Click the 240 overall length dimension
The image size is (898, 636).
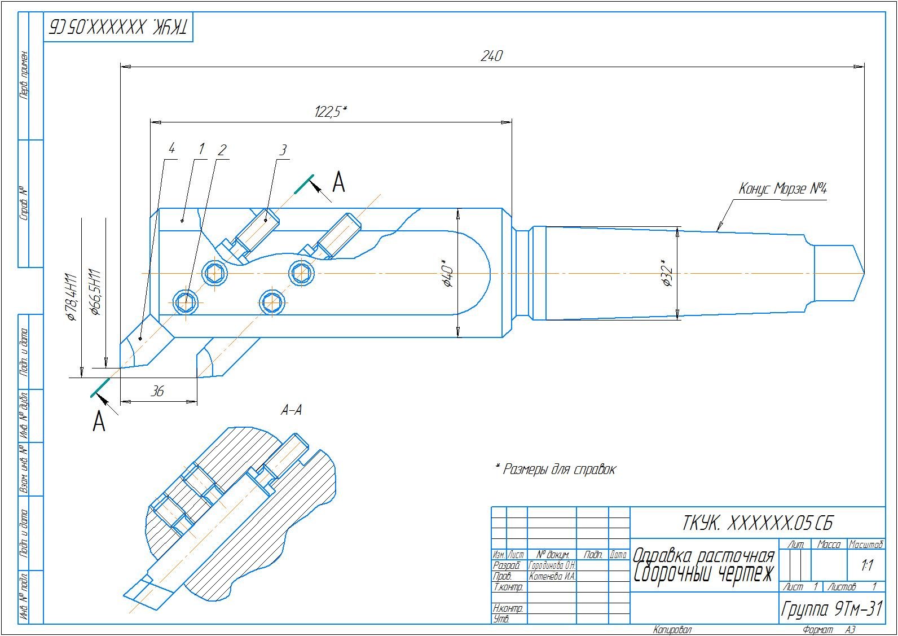click(x=491, y=56)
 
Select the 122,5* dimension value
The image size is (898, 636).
click(x=330, y=111)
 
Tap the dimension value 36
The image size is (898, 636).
click(x=158, y=391)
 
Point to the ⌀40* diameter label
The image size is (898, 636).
click(x=447, y=273)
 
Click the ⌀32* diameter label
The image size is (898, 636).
click(x=667, y=273)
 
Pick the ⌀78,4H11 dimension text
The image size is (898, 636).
click(x=71, y=297)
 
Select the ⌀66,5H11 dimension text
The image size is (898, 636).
click(x=95, y=292)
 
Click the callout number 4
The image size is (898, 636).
click(x=171, y=148)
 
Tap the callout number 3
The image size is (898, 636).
click(x=283, y=150)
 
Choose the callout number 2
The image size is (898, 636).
click(x=222, y=150)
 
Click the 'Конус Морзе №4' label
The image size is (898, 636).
click(x=782, y=189)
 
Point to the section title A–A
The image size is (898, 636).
click(x=291, y=410)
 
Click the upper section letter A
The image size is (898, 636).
click(x=338, y=182)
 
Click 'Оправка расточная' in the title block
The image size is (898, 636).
click(x=703, y=555)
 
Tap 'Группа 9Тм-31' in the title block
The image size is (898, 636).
click(x=831, y=609)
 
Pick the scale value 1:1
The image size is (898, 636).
click(x=866, y=565)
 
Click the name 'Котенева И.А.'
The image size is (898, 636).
click(x=552, y=576)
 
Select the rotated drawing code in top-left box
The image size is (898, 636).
click(x=119, y=26)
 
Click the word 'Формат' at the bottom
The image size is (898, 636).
click(x=818, y=630)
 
